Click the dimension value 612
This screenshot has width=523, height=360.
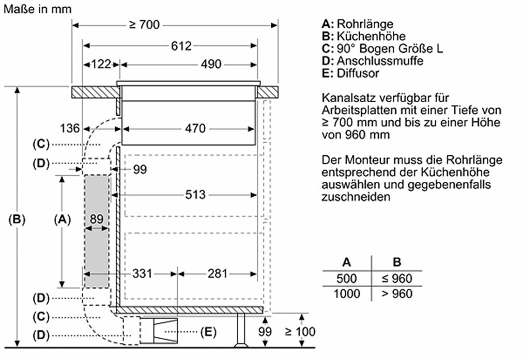(x=181, y=46)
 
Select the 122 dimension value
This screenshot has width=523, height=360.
(x=101, y=65)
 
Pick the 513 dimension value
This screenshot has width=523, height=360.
(x=195, y=195)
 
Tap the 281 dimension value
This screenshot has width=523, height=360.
(x=218, y=273)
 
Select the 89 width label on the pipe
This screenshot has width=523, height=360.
(x=97, y=219)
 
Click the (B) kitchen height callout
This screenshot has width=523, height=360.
(x=17, y=219)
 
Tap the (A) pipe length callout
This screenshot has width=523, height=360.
(x=61, y=219)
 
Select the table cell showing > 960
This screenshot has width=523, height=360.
(x=397, y=294)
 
